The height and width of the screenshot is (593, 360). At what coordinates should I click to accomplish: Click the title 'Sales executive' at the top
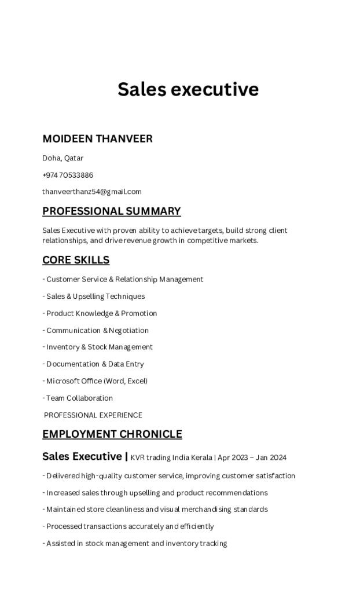[x=188, y=90]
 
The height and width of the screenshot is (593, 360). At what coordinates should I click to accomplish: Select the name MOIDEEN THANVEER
[x=97, y=139]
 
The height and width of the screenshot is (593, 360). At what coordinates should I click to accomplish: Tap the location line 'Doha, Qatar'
[x=63, y=158]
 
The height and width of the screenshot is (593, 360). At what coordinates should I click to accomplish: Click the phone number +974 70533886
[x=68, y=175]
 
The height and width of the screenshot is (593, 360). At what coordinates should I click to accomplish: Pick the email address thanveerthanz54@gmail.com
[x=92, y=192]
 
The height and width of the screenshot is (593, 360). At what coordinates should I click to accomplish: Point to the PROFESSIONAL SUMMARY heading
[x=112, y=211]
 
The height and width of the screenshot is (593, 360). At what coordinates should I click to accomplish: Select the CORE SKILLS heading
[x=76, y=260]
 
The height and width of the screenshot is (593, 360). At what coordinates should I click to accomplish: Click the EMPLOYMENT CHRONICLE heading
[x=112, y=434]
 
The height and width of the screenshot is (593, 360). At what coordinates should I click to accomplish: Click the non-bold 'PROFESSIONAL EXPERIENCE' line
[x=93, y=415]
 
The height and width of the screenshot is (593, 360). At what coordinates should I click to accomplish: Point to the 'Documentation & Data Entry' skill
[x=95, y=364]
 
